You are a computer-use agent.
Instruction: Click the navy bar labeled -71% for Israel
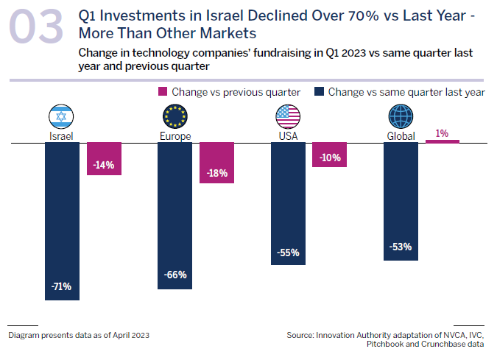click(x=62, y=221)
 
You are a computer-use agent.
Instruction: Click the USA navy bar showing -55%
click(x=289, y=202)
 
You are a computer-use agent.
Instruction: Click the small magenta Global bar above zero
click(x=442, y=141)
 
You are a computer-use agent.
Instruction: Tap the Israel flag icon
click(x=61, y=116)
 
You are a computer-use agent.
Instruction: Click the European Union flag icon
click(x=176, y=116)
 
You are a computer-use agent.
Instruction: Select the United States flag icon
click(x=288, y=116)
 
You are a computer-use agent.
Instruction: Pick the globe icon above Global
click(x=401, y=116)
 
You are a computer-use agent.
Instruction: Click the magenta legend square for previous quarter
click(x=163, y=92)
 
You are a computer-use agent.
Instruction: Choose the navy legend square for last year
click(x=318, y=92)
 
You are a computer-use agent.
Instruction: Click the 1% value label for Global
click(x=442, y=133)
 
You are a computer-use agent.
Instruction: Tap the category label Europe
click(x=175, y=136)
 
